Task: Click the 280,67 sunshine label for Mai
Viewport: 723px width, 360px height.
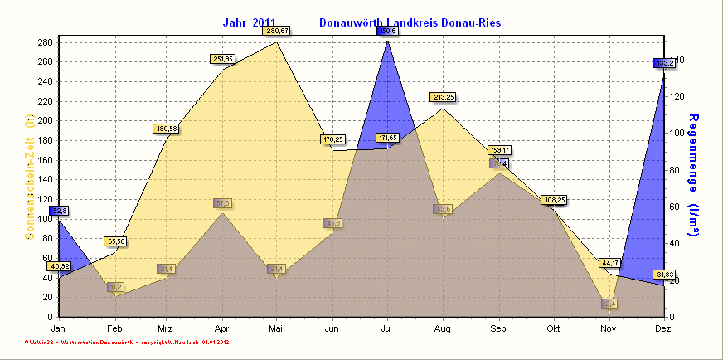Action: click(x=276, y=31)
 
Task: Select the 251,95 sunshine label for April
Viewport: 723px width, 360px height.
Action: click(x=223, y=59)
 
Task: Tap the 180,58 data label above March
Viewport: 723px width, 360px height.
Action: click(x=167, y=129)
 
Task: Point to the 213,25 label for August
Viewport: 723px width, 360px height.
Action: click(x=443, y=97)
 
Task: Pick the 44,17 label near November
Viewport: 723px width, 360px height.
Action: click(x=611, y=263)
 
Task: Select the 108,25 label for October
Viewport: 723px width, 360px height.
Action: click(x=554, y=200)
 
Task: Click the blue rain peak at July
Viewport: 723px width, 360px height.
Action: click(x=387, y=50)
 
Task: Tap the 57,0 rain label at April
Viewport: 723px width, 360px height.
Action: click(x=223, y=203)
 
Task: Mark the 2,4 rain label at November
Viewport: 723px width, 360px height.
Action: click(x=610, y=304)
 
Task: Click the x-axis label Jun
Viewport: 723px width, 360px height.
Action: click(x=332, y=329)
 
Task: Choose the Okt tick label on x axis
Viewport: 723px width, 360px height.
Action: click(x=554, y=329)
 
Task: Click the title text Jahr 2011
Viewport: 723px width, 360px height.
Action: click(x=250, y=22)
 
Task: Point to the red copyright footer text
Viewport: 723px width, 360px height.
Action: click(x=126, y=342)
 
